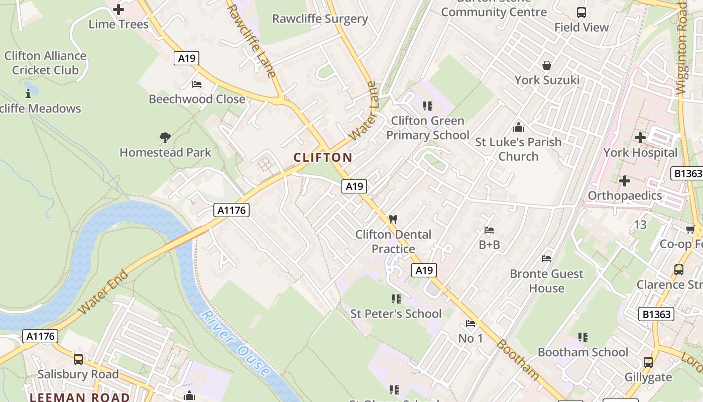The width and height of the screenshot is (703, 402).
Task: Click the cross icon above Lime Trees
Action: (x=119, y=9)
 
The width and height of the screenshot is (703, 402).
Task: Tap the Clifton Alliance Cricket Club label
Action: (x=45, y=63)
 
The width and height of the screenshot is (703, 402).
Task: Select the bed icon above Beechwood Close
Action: (x=197, y=84)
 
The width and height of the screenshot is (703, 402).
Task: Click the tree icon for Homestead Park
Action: (x=165, y=137)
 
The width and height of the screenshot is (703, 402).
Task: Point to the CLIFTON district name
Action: (x=323, y=157)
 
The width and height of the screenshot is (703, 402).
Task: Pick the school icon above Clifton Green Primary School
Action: (x=428, y=106)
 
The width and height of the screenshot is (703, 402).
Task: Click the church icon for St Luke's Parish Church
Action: (x=518, y=127)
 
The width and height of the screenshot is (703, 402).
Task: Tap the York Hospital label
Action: (x=640, y=152)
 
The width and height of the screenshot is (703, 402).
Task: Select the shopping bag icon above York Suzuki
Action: (x=547, y=65)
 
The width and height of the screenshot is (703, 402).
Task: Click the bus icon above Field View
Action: (x=581, y=13)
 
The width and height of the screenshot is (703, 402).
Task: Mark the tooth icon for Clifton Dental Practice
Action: (x=393, y=220)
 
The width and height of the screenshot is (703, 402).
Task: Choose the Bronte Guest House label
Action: (x=546, y=281)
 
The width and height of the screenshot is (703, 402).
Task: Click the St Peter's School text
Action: (x=396, y=314)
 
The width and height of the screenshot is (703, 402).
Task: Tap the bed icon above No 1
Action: (x=471, y=324)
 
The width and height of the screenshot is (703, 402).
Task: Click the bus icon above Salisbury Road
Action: (x=78, y=359)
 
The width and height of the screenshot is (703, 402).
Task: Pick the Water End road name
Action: (x=103, y=292)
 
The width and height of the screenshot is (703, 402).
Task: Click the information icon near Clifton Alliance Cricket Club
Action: (x=28, y=93)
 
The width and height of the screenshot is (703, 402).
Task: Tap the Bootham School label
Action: (x=582, y=352)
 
